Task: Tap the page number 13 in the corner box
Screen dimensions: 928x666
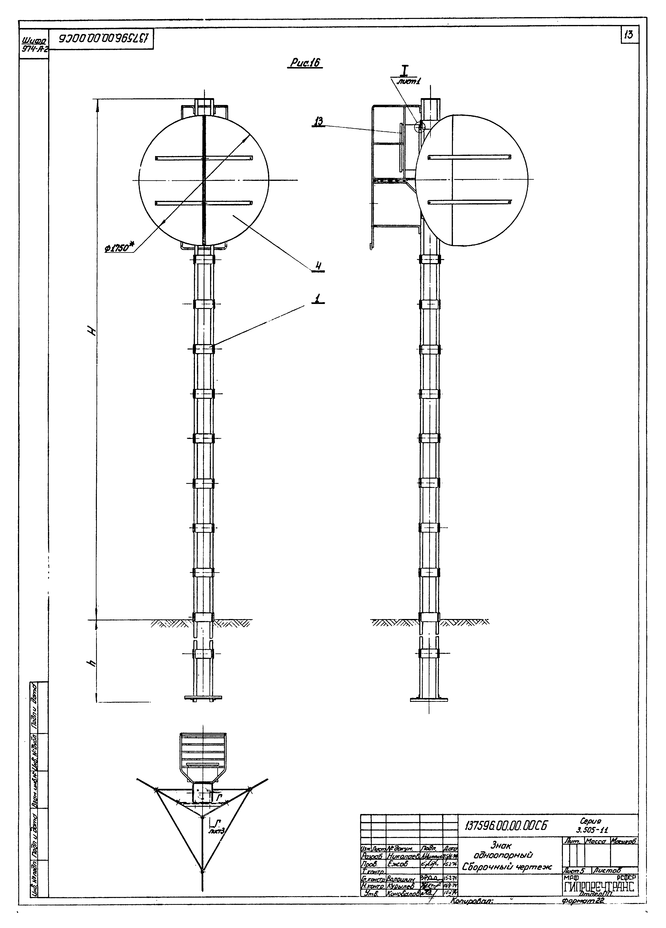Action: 629,36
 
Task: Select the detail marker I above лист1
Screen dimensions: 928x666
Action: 404,72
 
